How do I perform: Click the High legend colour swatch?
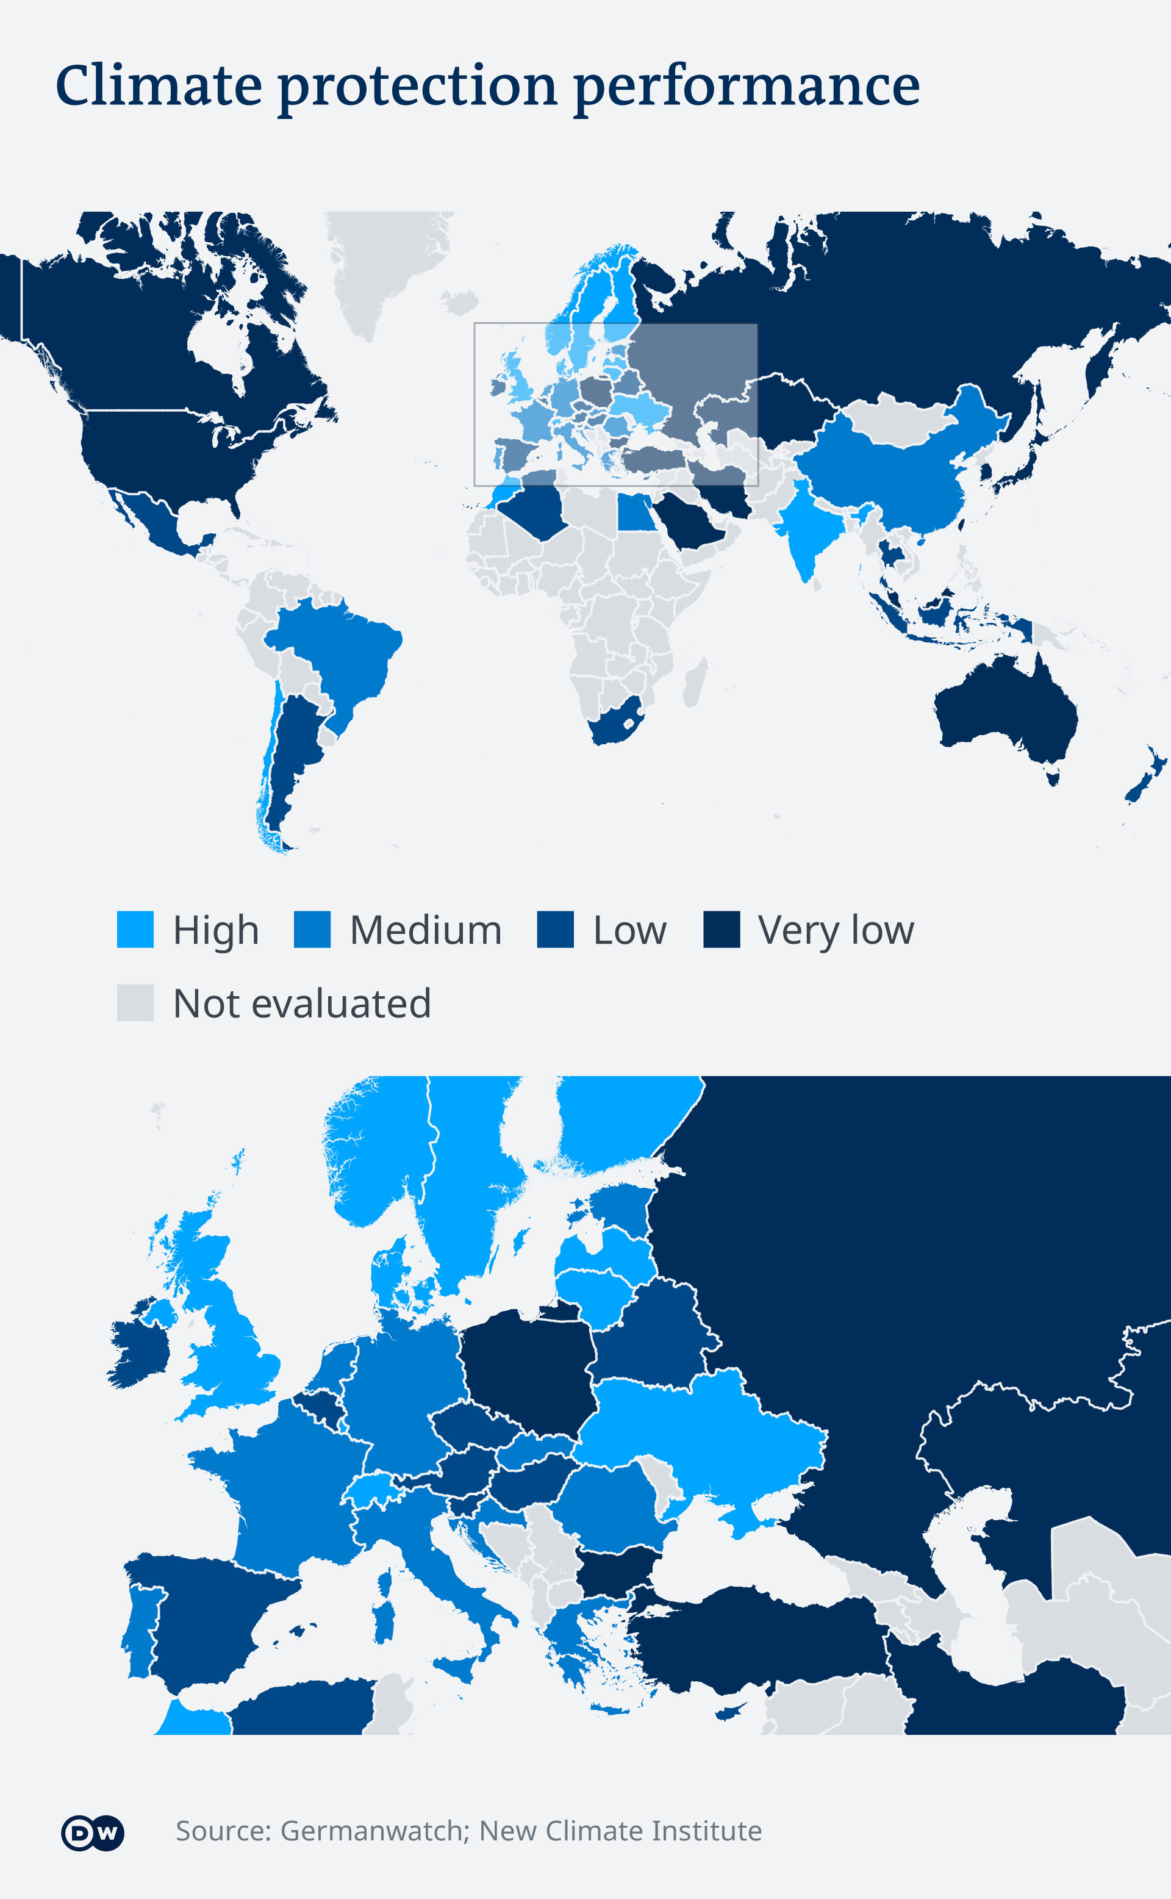(135, 929)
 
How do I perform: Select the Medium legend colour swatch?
(312, 929)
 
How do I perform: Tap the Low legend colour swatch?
(555, 929)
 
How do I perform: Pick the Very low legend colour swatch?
(722, 929)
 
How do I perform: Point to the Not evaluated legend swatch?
(135, 1003)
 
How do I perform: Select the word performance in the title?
(747, 87)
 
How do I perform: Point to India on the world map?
(809, 534)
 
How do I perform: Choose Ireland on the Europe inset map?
(138, 1351)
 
